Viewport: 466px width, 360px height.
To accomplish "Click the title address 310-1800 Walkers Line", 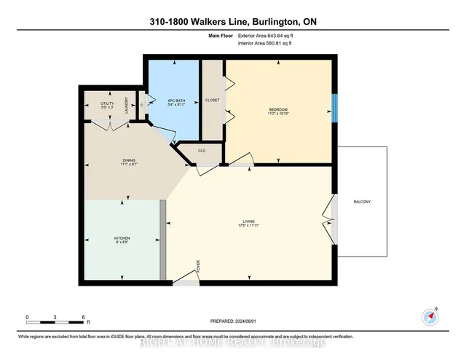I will [232, 22].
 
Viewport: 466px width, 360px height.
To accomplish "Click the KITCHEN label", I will [121, 240].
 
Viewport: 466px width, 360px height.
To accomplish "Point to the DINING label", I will [130, 162].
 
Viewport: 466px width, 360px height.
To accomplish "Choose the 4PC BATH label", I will [174, 102].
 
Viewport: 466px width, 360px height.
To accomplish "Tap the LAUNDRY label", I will [127, 104].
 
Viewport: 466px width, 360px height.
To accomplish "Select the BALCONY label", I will [363, 202].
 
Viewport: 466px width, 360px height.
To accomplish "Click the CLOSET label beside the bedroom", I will [213, 101].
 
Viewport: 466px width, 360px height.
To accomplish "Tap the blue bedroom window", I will [334, 109].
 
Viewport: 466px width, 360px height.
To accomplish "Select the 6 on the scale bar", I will [84, 318].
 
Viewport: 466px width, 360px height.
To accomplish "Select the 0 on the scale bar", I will [27, 318].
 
